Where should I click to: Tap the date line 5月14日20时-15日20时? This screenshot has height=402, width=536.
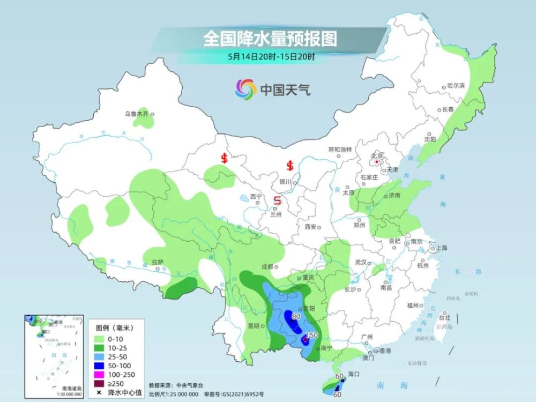pyautogui.click(x=271, y=55)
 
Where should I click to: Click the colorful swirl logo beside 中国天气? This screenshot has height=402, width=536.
pyautogui.click(x=245, y=89)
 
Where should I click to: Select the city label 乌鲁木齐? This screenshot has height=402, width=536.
pyautogui.click(x=136, y=114)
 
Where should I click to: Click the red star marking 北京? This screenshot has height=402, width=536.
pyautogui.click(x=377, y=161)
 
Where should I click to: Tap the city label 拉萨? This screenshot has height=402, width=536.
pyautogui.click(x=157, y=263)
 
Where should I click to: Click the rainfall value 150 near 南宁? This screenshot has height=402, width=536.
pyautogui.click(x=311, y=335)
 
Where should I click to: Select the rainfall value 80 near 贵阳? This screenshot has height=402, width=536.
pyautogui.click(x=295, y=316)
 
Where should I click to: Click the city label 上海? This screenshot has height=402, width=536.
pyautogui.click(x=442, y=248)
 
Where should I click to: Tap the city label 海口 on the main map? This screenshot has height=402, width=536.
pyautogui.click(x=353, y=373)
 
